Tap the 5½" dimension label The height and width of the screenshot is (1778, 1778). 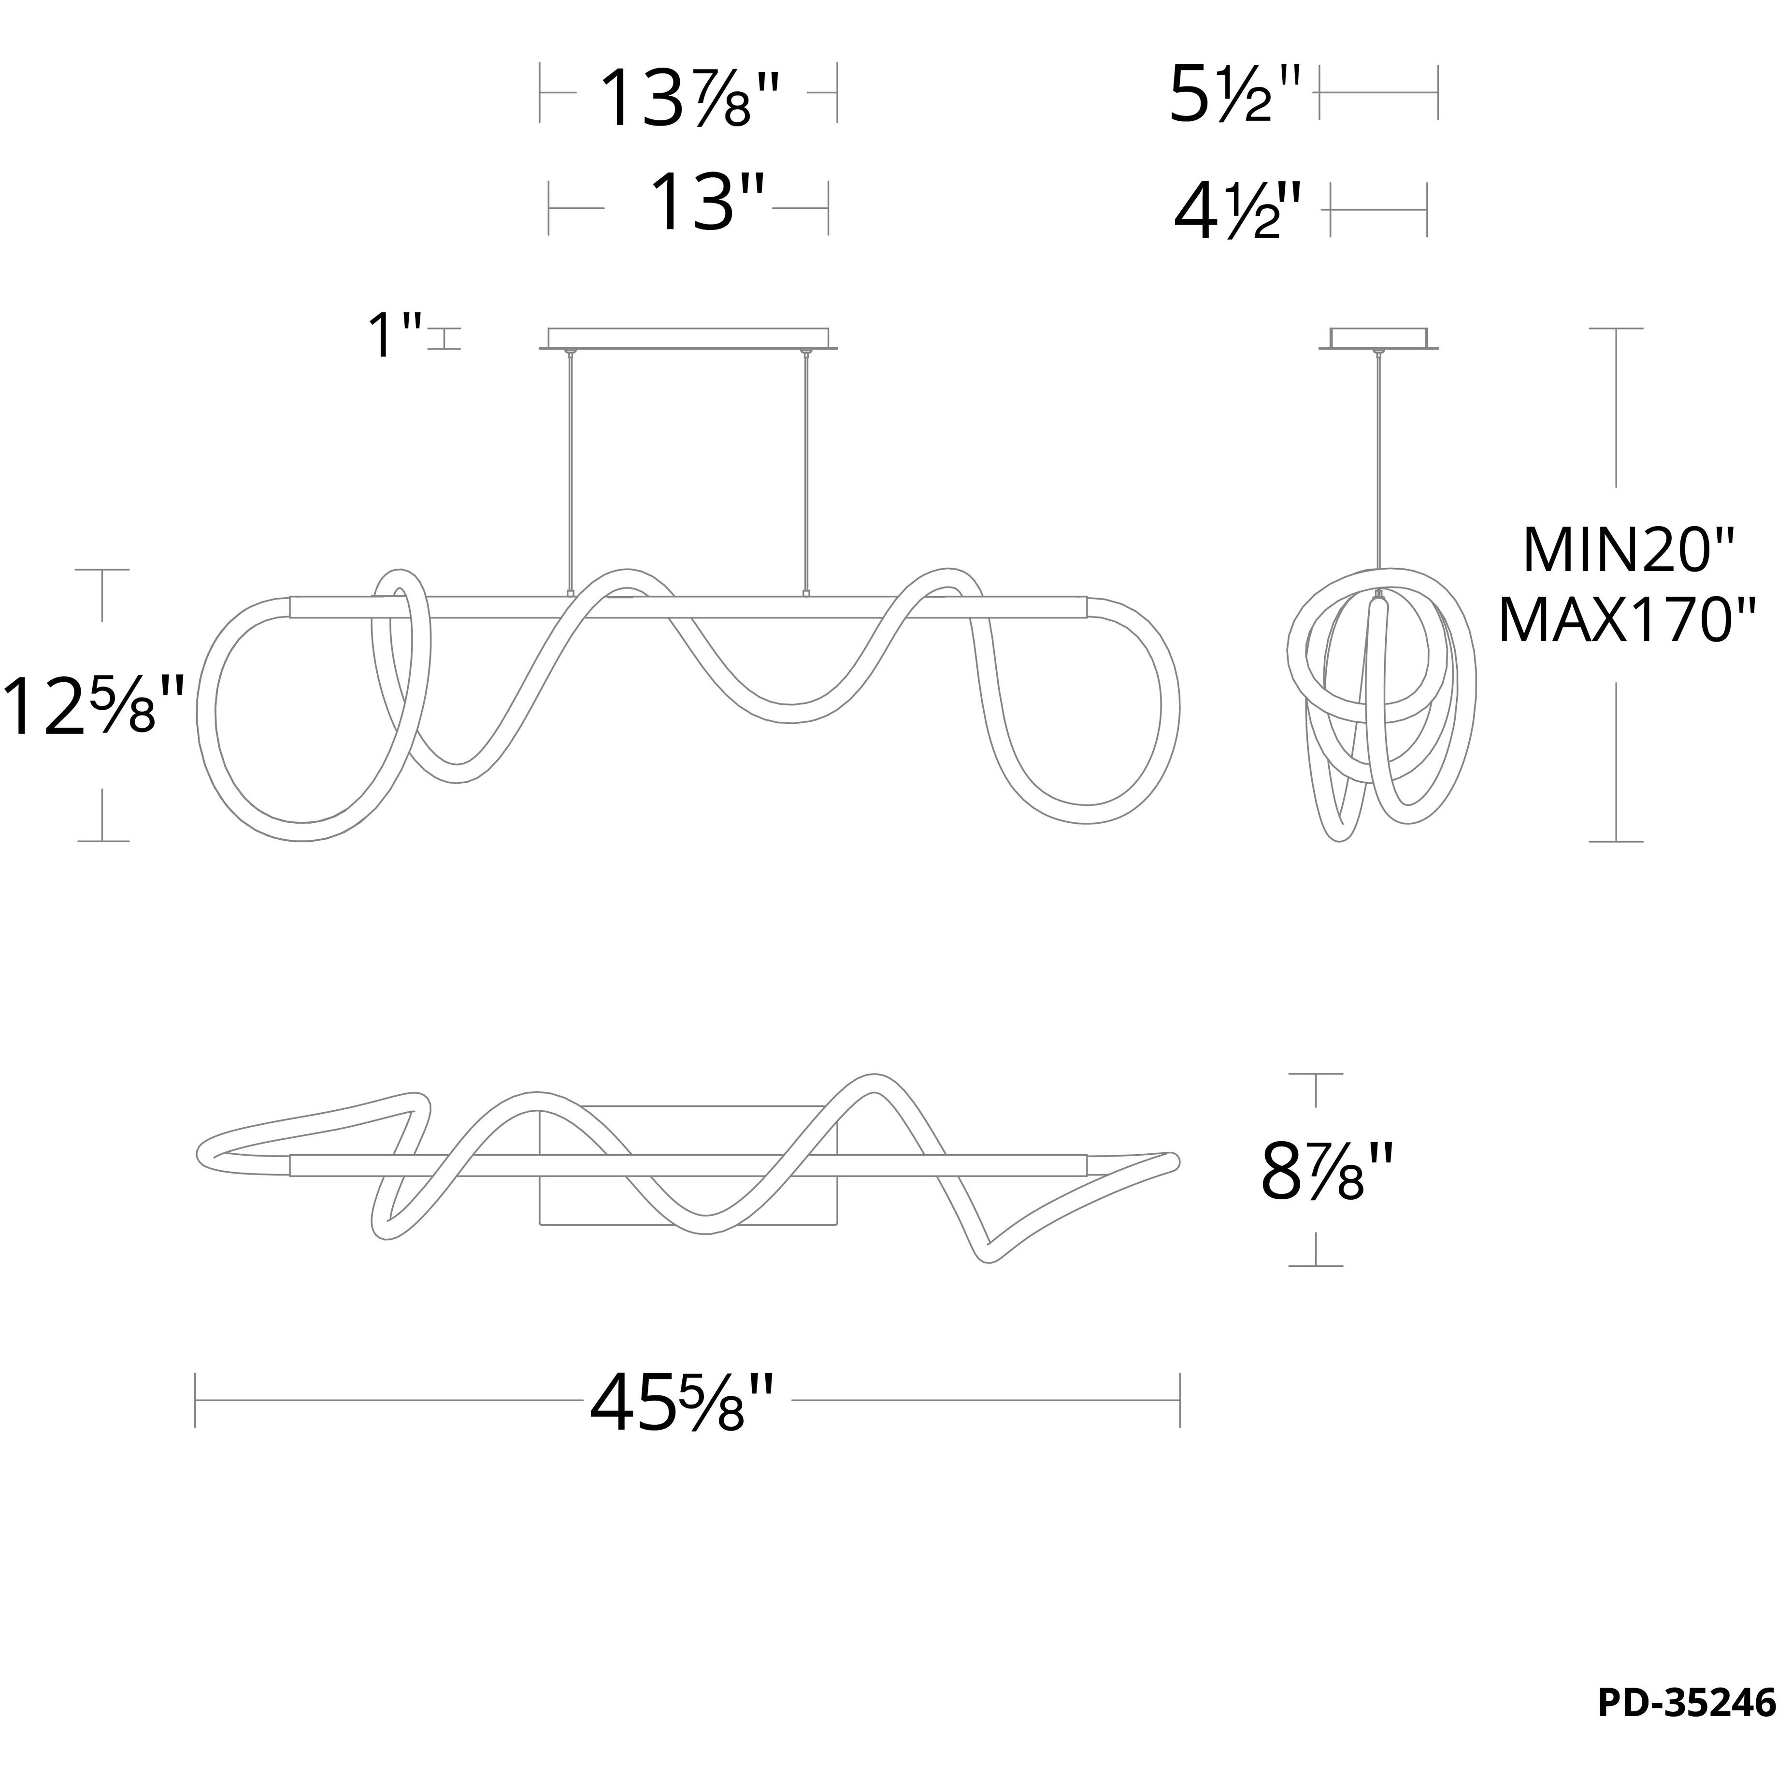click(1234, 93)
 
